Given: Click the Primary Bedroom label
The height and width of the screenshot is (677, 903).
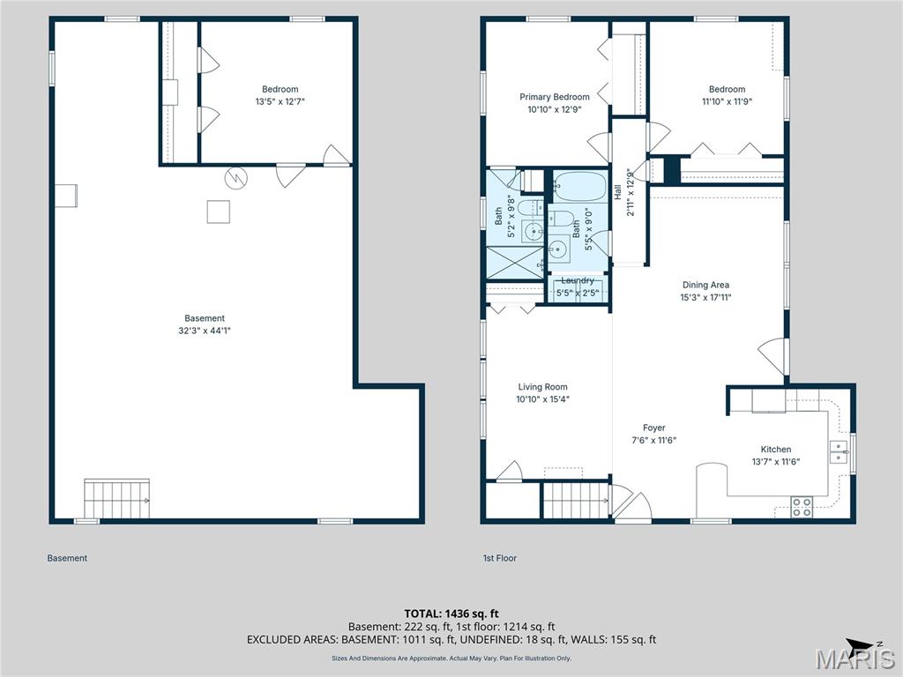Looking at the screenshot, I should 554,97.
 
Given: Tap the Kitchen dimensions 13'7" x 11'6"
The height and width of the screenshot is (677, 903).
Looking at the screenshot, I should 776,461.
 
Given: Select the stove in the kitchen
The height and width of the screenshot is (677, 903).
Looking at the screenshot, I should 802,507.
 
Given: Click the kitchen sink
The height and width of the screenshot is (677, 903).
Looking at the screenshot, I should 837,451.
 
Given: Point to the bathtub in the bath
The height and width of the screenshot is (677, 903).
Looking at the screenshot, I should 579,187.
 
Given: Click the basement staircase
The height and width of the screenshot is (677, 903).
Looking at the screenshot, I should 116,499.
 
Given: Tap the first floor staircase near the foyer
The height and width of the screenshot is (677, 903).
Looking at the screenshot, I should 575,500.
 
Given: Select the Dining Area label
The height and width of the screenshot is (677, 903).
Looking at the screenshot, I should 705,285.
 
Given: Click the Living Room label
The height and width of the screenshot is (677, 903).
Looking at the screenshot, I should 542,387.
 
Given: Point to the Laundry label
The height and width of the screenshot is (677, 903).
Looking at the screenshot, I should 578,280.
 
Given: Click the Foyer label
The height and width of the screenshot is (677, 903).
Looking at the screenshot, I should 653,428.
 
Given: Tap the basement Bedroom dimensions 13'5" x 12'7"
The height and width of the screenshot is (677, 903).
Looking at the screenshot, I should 280,101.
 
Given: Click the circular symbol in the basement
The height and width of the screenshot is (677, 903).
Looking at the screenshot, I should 236,178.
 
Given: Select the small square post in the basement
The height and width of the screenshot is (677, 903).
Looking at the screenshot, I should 218,212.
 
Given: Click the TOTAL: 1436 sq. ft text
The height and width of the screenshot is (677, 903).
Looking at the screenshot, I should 451,613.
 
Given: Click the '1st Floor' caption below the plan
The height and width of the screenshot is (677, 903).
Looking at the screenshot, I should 499,558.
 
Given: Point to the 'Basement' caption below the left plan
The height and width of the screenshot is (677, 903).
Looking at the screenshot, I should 67,558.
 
